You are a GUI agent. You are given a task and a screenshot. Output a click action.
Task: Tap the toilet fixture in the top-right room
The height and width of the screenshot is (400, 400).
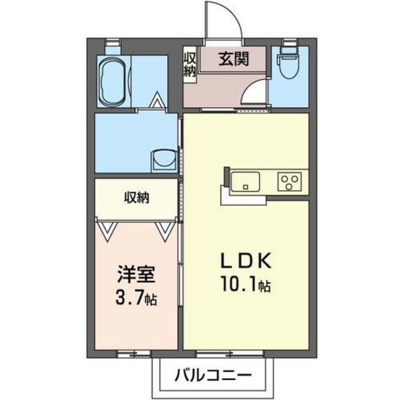tap(290, 67)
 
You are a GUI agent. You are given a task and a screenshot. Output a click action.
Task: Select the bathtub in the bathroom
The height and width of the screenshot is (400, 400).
tap(111, 80)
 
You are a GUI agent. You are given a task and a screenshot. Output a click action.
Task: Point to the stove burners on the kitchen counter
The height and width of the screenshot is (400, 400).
tap(291, 180)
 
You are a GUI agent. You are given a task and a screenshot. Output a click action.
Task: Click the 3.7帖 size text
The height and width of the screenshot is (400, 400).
tap(134, 297)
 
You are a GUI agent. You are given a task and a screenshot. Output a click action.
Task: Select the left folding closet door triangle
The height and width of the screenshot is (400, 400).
tap(108, 229)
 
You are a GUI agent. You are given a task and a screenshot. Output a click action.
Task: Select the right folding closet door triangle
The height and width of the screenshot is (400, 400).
tap(164, 229)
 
